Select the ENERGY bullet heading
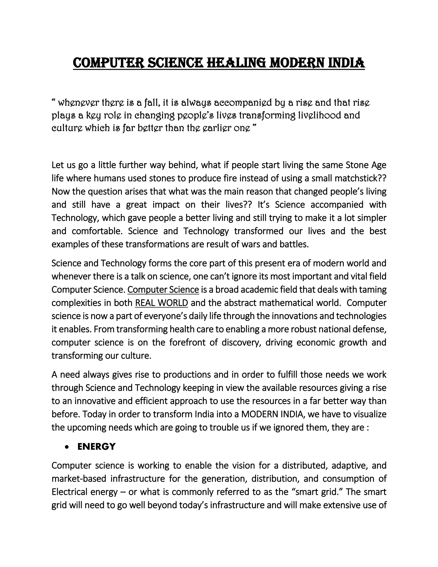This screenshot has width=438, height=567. (x=96, y=446)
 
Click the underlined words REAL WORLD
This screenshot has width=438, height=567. (x=161, y=303)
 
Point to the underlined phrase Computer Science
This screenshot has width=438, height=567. (x=163, y=289)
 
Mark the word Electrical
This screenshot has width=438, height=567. (x=69, y=492)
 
